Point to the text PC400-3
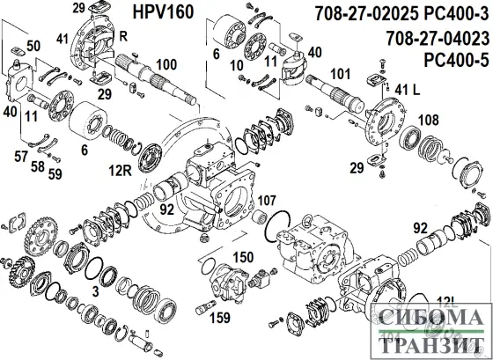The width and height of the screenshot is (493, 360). point(453,16)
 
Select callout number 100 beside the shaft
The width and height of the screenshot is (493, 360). point(166,63)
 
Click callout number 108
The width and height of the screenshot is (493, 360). point(428,117)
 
